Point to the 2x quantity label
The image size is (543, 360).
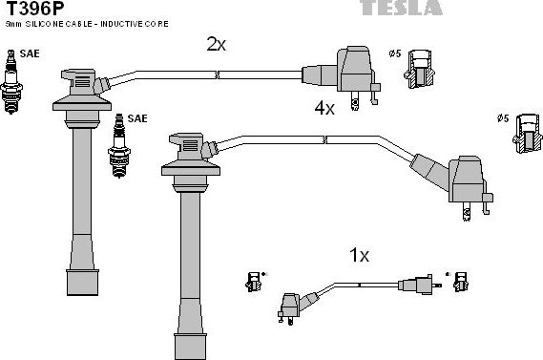(216, 44)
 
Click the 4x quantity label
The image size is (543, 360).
(324, 109)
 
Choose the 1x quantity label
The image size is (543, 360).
(359, 255)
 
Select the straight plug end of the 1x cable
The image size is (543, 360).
(421, 285)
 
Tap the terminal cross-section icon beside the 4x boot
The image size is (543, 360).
(526, 133)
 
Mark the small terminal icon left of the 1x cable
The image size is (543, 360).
(253, 282)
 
